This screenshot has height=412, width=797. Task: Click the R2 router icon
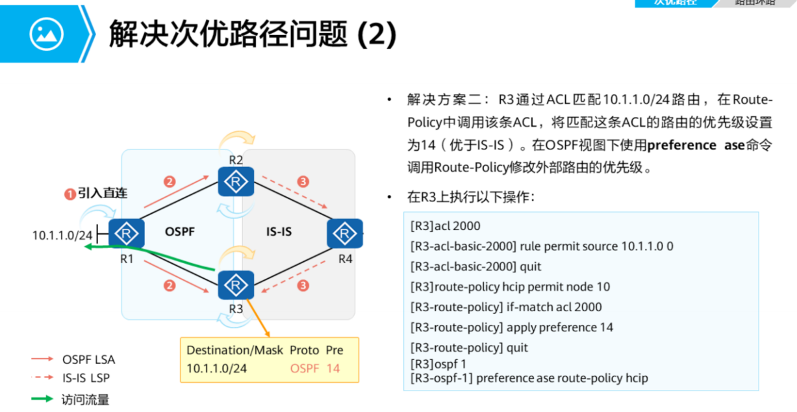pyautogui.click(x=236, y=182)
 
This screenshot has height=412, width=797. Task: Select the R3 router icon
pyautogui.click(x=236, y=285)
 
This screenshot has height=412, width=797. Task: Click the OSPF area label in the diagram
pyautogui.click(x=180, y=231)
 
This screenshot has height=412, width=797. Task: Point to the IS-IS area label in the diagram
pyautogui.click(x=279, y=231)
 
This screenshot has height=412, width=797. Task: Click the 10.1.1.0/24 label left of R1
pyautogui.click(x=62, y=235)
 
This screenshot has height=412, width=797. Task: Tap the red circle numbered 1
pyautogui.click(x=70, y=193)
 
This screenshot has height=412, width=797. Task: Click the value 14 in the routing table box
pyautogui.click(x=333, y=368)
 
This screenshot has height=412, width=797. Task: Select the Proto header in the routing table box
pyautogui.click(x=304, y=350)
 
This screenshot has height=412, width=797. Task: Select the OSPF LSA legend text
pyautogui.click(x=89, y=359)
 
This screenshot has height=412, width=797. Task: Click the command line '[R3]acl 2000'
pyautogui.click(x=446, y=226)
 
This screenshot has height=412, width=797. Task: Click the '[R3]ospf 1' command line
pyautogui.click(x=438, y=364)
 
